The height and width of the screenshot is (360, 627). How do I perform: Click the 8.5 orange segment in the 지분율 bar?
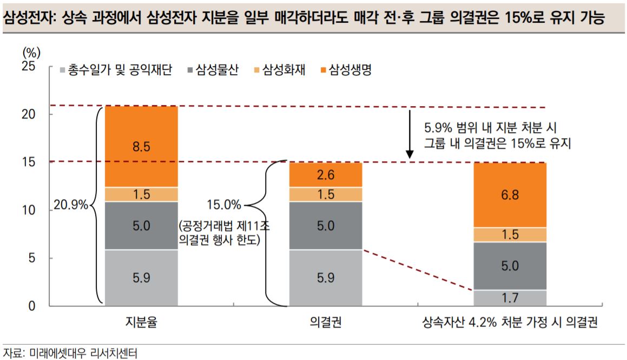[141, 146]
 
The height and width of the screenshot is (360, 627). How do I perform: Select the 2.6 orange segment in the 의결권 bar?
[325, 175]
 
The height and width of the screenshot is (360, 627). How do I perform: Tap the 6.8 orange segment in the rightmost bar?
[510, 195]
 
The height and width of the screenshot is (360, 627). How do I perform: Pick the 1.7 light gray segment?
[510, 297]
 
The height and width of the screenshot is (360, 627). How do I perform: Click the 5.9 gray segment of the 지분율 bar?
[141, 277]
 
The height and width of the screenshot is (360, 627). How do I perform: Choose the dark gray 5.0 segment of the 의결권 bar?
[325, 226]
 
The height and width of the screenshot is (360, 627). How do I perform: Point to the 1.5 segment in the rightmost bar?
[510, 234]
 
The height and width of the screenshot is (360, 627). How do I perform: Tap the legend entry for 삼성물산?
[212, 70]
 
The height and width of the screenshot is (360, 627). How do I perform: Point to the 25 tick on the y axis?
[28, 67]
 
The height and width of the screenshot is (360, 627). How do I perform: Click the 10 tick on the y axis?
[28, 210]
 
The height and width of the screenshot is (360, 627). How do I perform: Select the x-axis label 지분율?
[141, 323]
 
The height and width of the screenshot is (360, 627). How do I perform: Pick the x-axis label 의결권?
[325, 323]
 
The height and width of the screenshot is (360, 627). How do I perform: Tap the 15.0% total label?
[223, 205]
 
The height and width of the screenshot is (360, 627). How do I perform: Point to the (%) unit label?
[31, 53]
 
